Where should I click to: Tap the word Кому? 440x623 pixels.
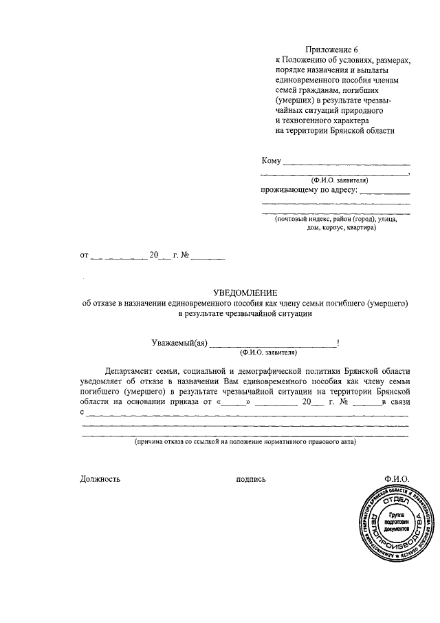271,161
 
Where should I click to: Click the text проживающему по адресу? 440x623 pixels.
309,190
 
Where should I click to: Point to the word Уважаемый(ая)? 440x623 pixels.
179,343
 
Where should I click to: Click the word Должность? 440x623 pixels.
100,479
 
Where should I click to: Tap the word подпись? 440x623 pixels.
250,479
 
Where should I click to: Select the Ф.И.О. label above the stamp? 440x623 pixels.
397,479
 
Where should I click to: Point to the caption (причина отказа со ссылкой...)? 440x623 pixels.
245,445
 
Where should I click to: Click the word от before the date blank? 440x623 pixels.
85,255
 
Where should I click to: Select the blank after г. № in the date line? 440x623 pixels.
208,257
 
